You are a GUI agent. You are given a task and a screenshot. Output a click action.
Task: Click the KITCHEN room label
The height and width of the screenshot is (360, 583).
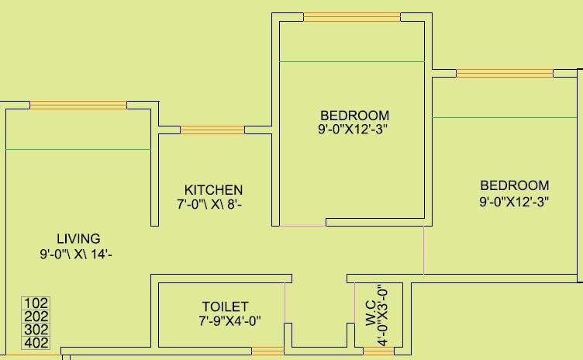click(x=213, y=190)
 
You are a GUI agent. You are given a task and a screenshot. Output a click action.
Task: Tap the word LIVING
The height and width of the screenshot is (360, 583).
click(x=78, y=238)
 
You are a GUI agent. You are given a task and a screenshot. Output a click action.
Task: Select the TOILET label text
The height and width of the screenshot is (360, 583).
click(x=226, y=306)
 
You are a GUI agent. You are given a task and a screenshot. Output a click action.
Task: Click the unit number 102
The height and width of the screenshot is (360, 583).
click(x=36, y=303)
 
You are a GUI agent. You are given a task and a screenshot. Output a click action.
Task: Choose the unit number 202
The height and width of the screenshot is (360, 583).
click(x=36, y=317)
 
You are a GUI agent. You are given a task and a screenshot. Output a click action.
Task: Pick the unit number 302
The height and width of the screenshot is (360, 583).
click(x=36, y=330)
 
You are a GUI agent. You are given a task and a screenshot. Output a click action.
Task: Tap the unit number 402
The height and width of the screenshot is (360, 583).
click(x=36, y=343)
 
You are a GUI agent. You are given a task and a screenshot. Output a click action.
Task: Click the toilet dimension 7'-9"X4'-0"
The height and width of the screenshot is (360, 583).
click(x=229, y=321)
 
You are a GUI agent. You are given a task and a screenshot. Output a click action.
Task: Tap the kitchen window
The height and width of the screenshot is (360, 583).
click(x=212, y=130)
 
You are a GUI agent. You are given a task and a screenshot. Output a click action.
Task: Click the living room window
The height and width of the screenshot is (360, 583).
click(x=78, y=105)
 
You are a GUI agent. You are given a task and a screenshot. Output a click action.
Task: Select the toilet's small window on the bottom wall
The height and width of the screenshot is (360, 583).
click(x=267, y=351)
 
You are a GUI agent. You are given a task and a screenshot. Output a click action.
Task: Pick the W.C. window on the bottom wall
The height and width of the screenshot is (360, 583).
click(x=378, y=351)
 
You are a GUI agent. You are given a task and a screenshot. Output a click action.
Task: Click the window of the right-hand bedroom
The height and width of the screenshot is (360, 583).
click(x=504, y=74)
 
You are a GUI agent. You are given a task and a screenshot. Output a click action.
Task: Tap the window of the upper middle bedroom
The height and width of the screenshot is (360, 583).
click(x=351, y=16)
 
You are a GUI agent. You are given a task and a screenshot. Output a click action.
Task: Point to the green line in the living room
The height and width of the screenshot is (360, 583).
click(x=78, y=149)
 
